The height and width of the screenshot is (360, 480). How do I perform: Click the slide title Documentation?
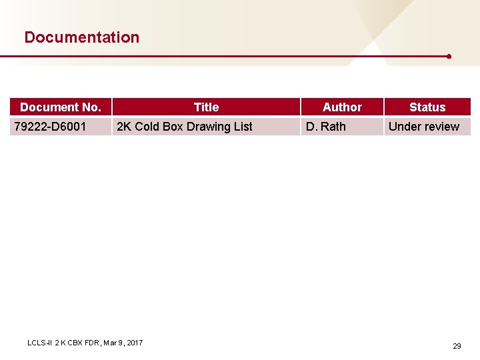click(x=81, y=37)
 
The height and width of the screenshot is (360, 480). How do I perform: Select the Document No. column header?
click(x=61, y=107)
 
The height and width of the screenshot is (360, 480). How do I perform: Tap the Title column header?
click(x=206, y=107)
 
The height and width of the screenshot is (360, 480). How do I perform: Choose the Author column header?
click(x=342, y=107)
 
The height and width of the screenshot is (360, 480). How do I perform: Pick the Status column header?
click(x=427, y=107)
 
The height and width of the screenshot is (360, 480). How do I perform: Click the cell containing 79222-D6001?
click(x=50, y=127)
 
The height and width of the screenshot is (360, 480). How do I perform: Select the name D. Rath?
click(x=326, y=127)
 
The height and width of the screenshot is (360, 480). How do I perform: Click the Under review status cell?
click(x=424, y=127)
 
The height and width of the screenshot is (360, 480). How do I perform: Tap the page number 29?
click(x=457, y=346)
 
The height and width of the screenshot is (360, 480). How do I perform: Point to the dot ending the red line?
click(x=449, y=57)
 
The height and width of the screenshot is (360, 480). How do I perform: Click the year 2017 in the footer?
click(x=134, y=343)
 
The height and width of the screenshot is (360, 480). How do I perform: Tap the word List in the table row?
click(x=244, y=127)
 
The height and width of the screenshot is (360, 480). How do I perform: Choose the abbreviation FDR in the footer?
click(x=91, y=343)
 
